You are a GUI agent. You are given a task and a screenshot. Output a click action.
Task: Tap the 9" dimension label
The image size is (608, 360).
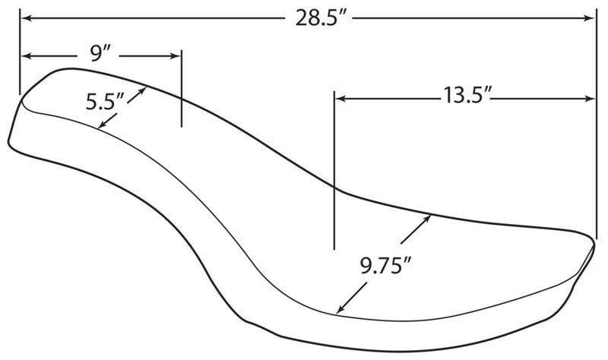(99, 54)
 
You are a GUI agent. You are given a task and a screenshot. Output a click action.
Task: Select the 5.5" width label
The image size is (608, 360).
(104, 102)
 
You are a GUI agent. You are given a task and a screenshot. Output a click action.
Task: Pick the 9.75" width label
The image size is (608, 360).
(386, 266)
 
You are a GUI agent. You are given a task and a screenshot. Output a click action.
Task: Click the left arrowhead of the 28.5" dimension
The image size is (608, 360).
(26, 17)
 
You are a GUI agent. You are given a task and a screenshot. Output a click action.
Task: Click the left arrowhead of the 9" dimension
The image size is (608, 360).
(26, 55)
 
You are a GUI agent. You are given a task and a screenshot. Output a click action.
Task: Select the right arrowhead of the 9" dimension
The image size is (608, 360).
(176, 55)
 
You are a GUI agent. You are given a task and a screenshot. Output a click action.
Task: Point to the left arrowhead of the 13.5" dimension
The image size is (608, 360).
(340, 99)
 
